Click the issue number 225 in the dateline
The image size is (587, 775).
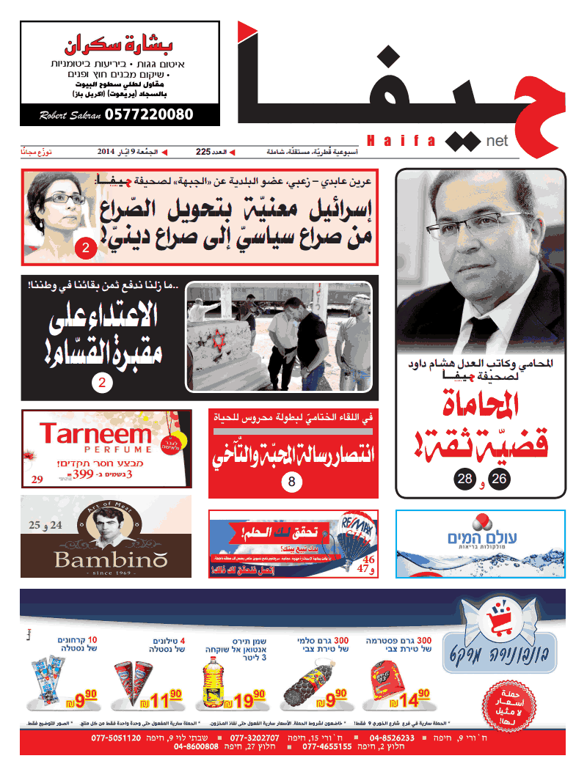coord(203,153)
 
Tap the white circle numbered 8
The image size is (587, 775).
coord(291,482)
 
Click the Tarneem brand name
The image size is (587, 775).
coord(95,435)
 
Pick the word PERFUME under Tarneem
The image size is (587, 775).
coord(95,449)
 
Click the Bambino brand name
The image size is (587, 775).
coord(110,561)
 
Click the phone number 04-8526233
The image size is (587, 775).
coord(393,738)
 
